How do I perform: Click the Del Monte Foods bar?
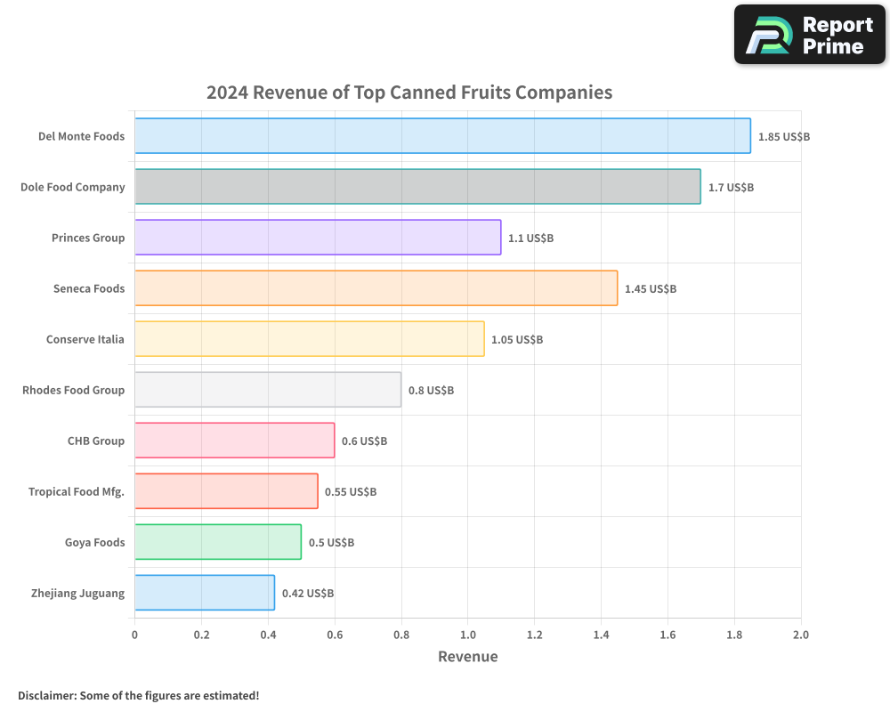tap(442, 136)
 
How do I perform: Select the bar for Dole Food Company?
tap(417, 187)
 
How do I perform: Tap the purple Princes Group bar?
tap(318, 238)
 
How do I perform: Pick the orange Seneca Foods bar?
tap(376, 288)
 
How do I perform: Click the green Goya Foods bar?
tap(218, 542)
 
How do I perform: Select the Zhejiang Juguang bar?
tap(205, 593)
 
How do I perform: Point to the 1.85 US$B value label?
tap(783, 137)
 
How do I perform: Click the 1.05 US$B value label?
tap(517, 340)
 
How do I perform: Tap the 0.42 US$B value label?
tap(308, 594)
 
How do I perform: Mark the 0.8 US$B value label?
tap(431, 391)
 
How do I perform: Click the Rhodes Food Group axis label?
tap(73, 390)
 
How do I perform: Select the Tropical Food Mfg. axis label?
tap(76, 491)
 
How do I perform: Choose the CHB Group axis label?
tap(95, 441)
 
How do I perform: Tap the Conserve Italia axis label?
tap(85, 339)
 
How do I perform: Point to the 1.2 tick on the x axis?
tap(534, 635)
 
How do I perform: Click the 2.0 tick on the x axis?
tap(800, 635)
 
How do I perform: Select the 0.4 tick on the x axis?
tap(268, 635)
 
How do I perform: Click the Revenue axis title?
tap(467, 657)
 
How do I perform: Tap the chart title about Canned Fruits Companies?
tap(409, 93)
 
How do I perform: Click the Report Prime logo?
tap(810, 35)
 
